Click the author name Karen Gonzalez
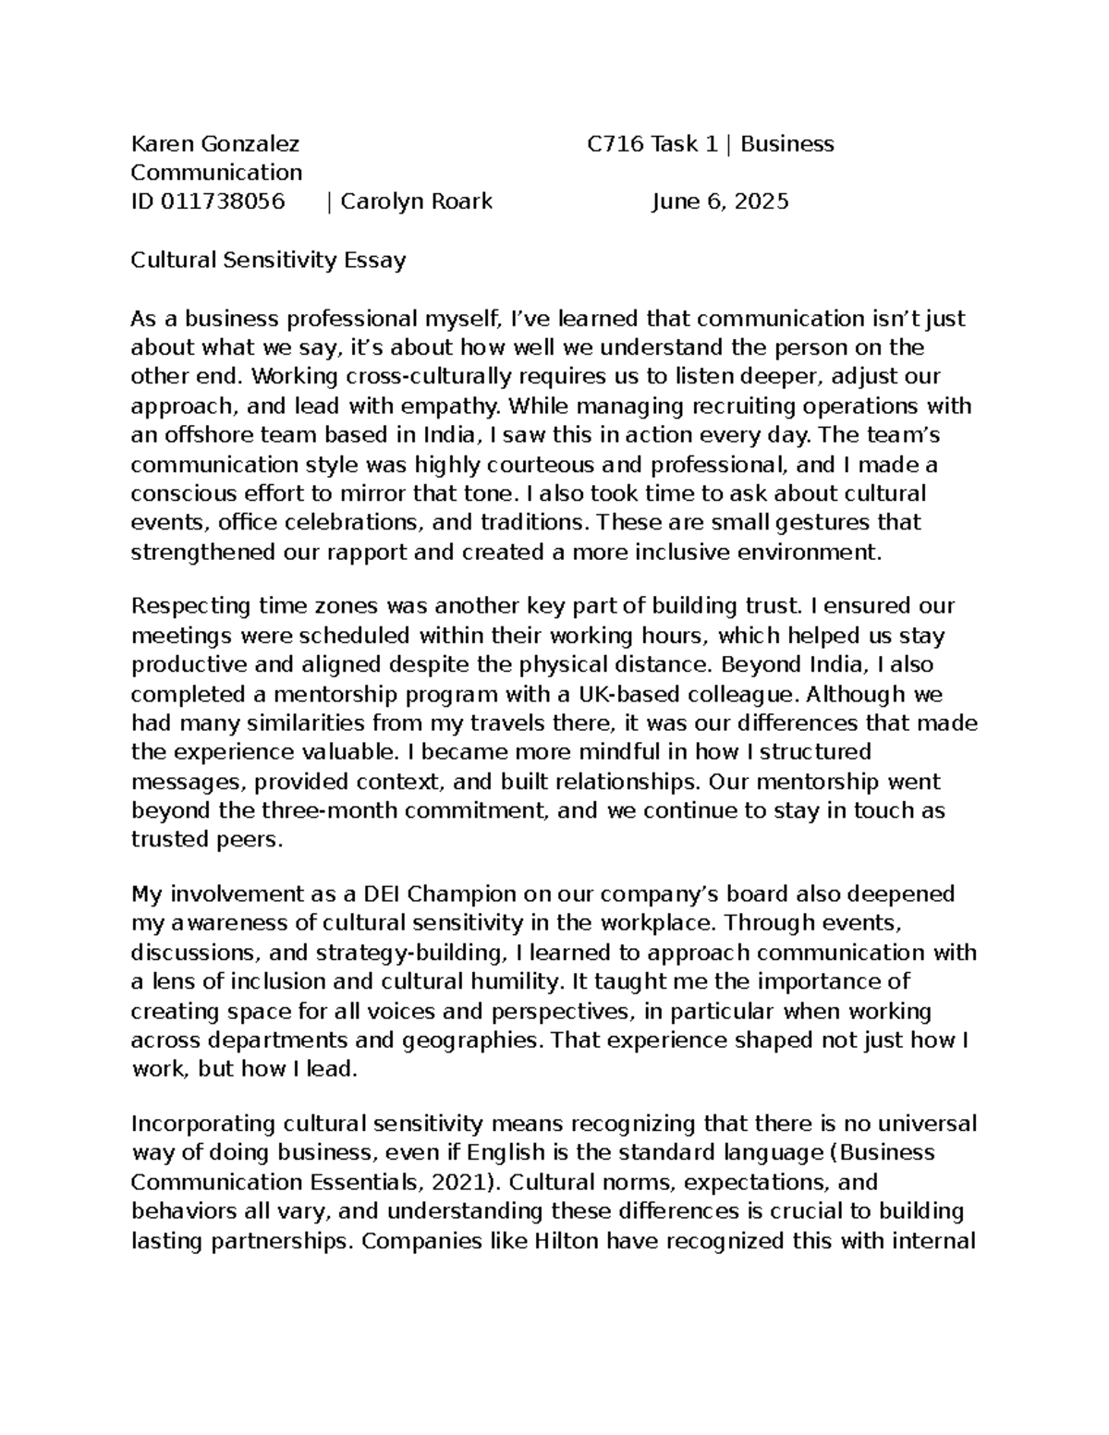pyautogui.click(x=214, y=144)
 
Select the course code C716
pyautogui.click(x=616, y=144)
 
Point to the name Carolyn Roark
pyautogui.click(x=416, y=201)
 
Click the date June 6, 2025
pyautogui.click(x=720, y=201)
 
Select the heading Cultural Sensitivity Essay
pyautogui.click(x=268, y=260)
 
